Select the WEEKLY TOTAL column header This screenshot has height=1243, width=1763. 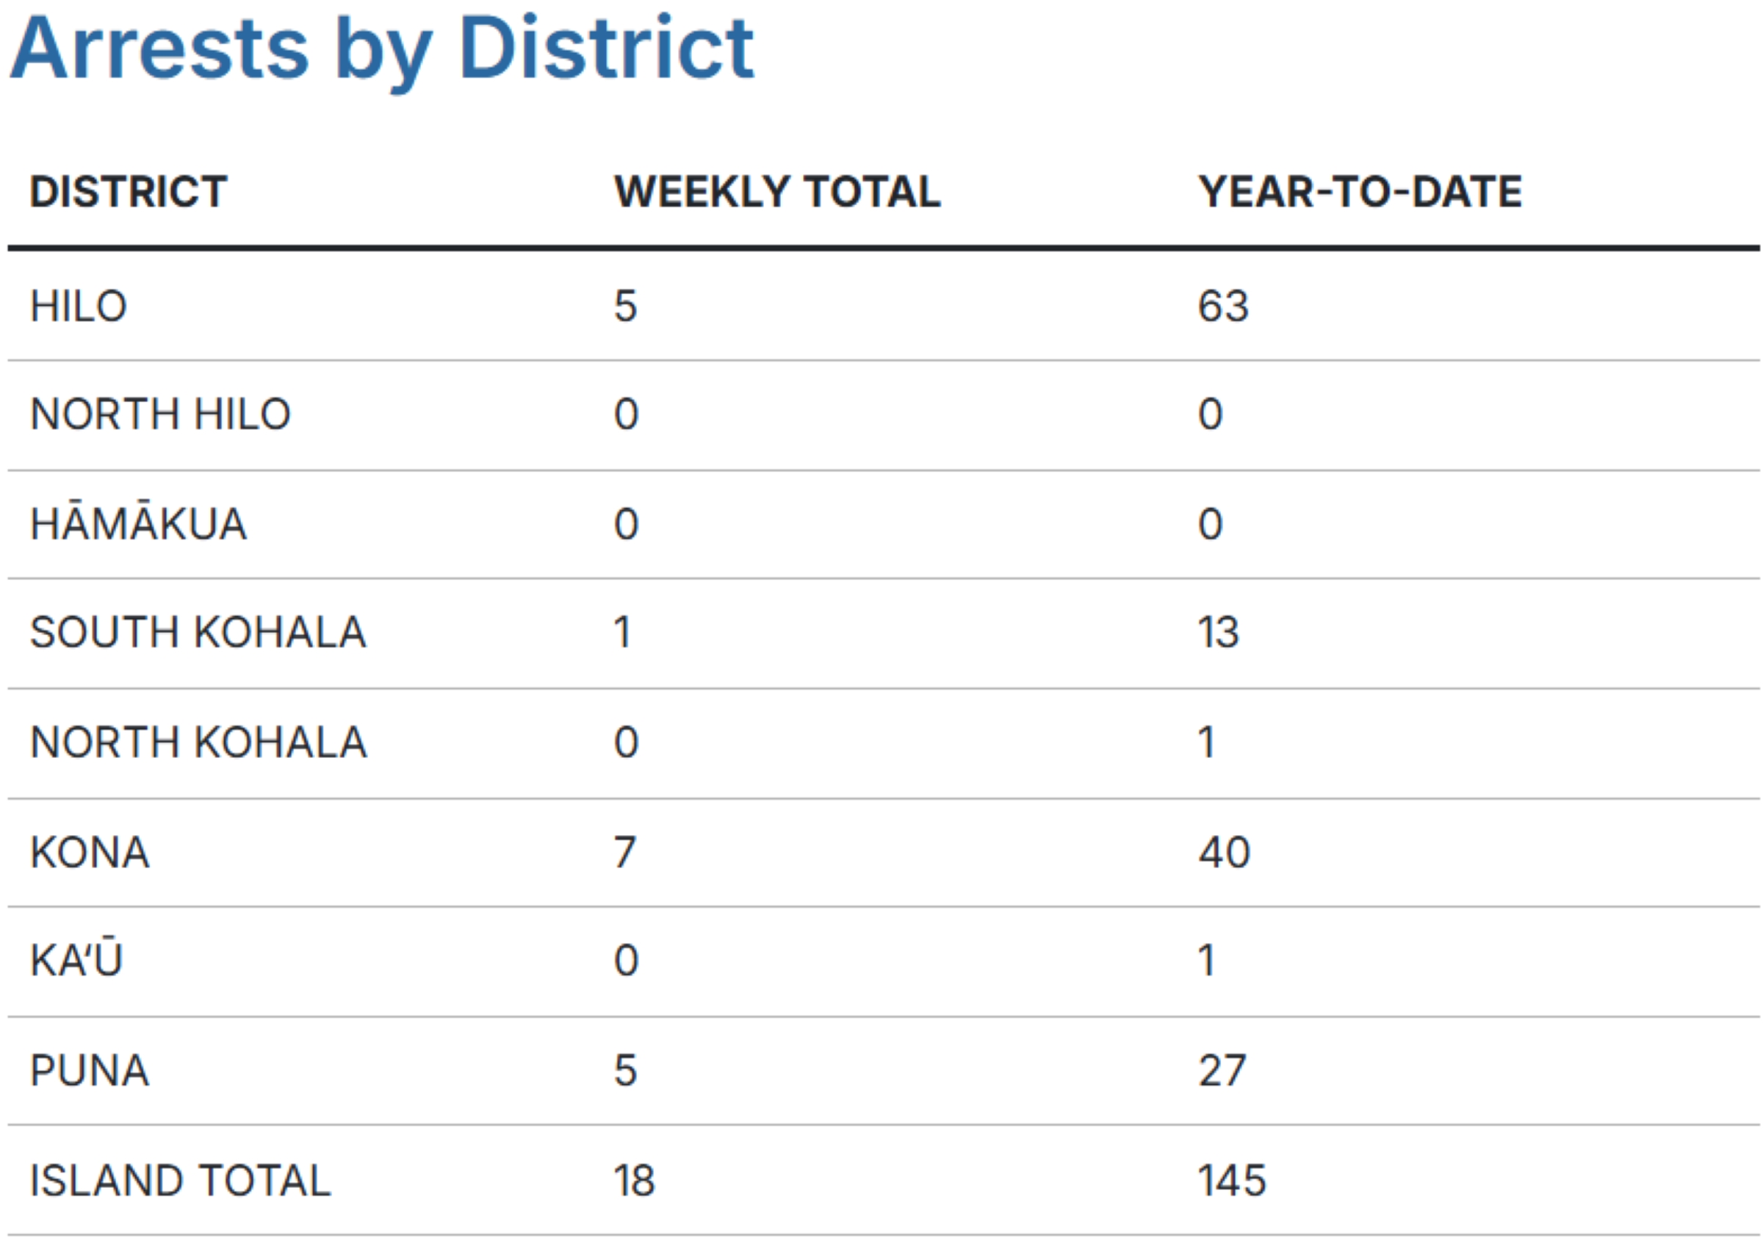tap(777, 191)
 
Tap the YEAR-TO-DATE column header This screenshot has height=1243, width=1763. tap(1360, 191)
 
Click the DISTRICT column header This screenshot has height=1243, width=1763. tap(129, 191)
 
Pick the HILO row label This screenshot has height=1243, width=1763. tap(79, 306)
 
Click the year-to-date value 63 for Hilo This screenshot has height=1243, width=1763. tap(1223, 306)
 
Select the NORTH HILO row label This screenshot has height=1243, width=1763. tap(159, 414)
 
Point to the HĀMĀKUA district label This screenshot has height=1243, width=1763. tap(138, 523)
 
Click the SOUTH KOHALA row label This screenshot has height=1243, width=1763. tap(198, 632)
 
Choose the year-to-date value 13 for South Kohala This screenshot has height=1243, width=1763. tap(1219, 632)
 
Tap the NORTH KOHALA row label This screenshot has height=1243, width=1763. tap(198, 742)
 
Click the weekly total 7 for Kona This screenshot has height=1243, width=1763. tap(625, 852)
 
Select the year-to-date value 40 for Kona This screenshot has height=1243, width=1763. tap(1224, 852)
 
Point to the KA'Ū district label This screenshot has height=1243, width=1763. tap(76, 960)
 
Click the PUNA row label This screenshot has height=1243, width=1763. tap(90, 1070)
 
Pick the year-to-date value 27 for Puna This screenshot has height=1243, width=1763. tap(1222, 1070)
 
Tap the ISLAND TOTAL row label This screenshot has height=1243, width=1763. tap(181, 1180)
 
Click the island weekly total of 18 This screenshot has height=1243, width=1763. tap(633, 1180)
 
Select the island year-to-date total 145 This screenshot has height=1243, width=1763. tap(1232, 1180)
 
